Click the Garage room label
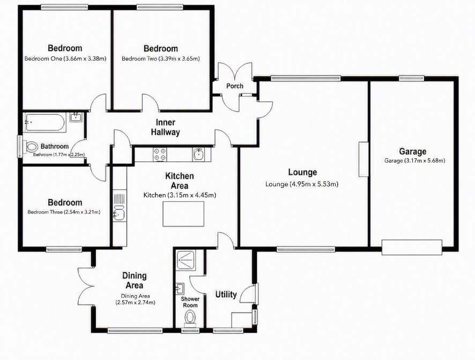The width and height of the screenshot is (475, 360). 412,151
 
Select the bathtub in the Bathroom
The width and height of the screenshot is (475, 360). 45,122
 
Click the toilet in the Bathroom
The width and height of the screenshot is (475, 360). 31,148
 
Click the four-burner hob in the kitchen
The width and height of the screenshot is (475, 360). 160,153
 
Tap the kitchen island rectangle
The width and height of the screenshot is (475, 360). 183,214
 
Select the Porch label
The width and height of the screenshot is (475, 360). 235,86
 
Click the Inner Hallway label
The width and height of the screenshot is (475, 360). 166,127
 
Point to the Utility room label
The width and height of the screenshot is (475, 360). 226,294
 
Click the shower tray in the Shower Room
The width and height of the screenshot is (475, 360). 185,260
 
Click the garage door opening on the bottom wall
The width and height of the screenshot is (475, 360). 412,247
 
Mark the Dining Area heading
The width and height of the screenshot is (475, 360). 135,280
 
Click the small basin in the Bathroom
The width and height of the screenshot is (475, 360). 76,117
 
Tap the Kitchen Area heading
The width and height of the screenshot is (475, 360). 180,181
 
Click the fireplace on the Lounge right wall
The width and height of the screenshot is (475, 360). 363,159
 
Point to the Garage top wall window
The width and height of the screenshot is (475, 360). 411,78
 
